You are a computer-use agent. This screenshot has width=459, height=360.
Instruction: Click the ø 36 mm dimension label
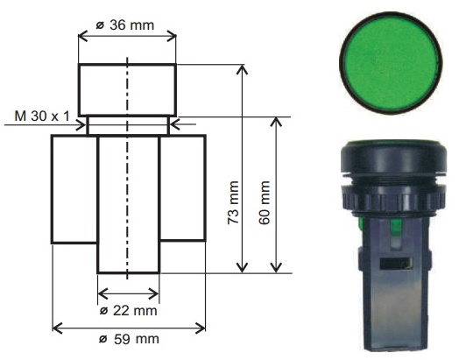(x=125, y=25)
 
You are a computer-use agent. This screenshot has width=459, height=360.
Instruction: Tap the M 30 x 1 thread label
(x=42, y=116)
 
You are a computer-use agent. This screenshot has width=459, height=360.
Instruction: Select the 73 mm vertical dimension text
(x=233, y=202)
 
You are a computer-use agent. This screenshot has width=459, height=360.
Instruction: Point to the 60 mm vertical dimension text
(x=265, y=202)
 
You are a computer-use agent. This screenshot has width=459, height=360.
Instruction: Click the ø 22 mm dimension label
(x=128, y=311)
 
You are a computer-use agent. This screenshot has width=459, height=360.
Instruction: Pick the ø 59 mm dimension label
(x=129, y=339)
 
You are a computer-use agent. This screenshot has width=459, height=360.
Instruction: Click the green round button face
(x=391, y=63)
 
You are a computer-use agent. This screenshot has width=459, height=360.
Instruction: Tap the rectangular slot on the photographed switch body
(x=396, y=263)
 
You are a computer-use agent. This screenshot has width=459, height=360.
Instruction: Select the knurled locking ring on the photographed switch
(x=393, y=198)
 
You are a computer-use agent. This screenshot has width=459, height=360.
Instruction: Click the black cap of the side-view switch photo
(x=393, y=157)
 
